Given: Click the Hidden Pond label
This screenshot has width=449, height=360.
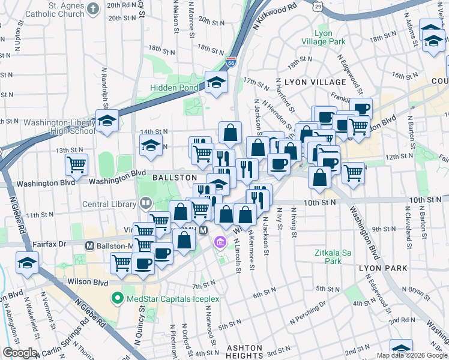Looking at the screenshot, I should [175, 88].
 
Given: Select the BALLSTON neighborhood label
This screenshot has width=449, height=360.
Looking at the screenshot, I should [175, 178].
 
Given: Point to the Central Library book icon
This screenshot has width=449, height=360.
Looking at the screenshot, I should [145, 203].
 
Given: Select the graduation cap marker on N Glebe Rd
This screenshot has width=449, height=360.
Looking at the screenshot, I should [27, 263].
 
